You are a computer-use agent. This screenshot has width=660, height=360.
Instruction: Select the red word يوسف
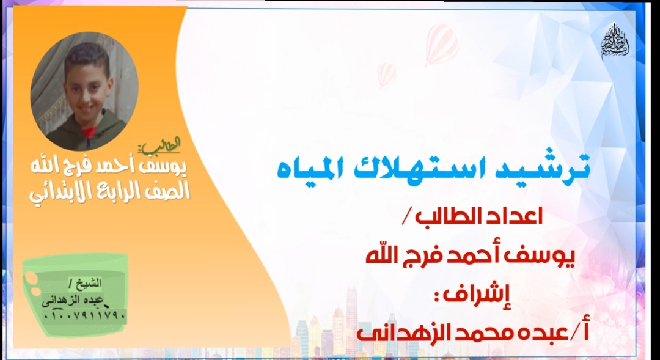point(549,257)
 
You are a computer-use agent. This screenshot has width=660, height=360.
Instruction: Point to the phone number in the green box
point(84,315)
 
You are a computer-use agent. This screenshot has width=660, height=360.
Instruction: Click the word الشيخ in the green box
point(88,283)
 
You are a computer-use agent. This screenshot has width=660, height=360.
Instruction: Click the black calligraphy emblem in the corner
point(615,42)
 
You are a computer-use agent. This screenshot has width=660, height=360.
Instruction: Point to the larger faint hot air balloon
point(441,44)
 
